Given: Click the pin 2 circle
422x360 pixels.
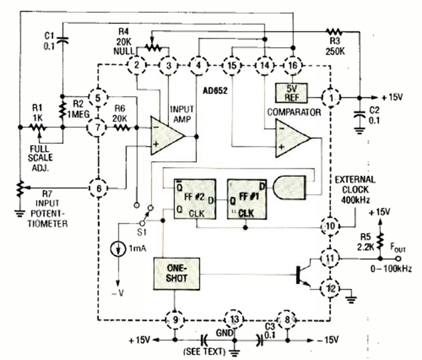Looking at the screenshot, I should pyautogui.click(x=137, y=65).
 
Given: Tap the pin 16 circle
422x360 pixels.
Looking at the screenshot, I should pyautogui.click(x=292, y=65).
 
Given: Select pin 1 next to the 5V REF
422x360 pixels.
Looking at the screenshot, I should pyautogui.click(x=330, y=98).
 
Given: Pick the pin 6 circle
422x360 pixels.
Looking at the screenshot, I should pyautogui.click(x=99, y=188).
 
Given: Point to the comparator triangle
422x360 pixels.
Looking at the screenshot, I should pyautogui.click(x=291, y=138).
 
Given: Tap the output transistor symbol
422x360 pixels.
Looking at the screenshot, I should pyautogui.click(x=303, y=274).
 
